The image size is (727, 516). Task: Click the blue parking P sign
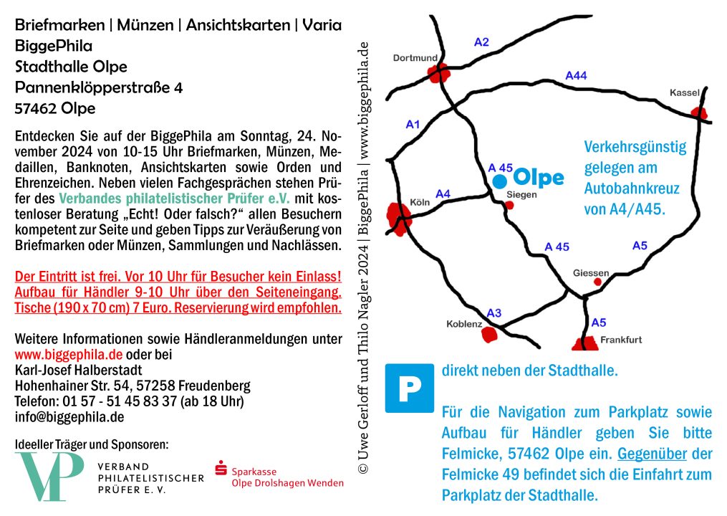410,388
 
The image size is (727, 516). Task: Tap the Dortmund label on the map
415,58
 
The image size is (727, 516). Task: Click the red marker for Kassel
698,113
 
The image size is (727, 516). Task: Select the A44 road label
576,75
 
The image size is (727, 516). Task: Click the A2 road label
481,42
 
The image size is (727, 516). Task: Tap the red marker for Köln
398,219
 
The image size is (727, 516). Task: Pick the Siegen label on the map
521,194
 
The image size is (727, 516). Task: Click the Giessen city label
591,273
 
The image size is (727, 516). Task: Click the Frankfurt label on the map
620,340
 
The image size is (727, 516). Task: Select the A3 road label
494,312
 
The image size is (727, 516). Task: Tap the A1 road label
413,124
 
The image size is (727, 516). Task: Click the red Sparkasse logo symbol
221,469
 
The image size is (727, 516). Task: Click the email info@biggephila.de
69,417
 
